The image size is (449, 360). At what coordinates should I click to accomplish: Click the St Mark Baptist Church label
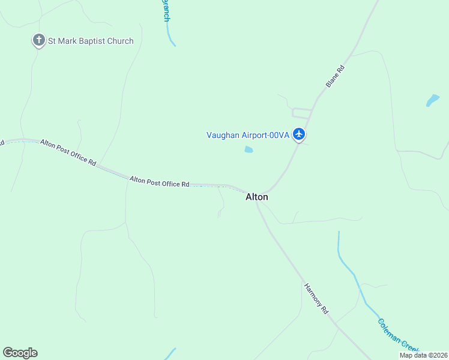91,41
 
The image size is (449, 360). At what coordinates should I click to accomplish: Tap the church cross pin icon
39,41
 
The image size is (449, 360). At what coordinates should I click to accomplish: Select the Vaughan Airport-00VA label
248,135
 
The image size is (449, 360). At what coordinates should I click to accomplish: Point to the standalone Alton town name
257,197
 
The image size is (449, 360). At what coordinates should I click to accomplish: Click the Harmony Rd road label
316,299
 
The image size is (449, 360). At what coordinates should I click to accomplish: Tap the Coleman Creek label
397,334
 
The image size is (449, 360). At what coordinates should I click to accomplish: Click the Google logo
20,353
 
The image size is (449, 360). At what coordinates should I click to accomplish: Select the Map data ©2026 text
423,355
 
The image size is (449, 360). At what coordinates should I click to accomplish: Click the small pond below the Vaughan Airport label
249,149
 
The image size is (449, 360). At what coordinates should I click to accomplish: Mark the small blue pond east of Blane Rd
433,100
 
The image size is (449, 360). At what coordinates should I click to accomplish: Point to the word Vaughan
223,135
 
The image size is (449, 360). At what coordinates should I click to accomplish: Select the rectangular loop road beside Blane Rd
302,112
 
